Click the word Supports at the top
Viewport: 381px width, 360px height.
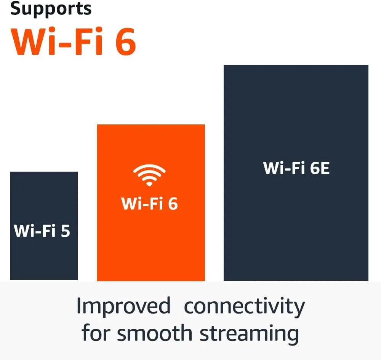(51, 9)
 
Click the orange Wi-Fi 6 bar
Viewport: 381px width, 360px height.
(151, 247)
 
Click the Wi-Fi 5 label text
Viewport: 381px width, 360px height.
(42, 231)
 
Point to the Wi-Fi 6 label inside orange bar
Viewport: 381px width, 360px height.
(149, 204)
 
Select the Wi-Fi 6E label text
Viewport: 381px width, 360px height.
(296, 168)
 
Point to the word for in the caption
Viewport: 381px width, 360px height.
(96, 333)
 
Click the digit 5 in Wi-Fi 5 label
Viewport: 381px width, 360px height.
(65, 231)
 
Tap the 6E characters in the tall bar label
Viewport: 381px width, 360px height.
(319, 168)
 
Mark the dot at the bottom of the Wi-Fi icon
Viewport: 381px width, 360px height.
(149, 184)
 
